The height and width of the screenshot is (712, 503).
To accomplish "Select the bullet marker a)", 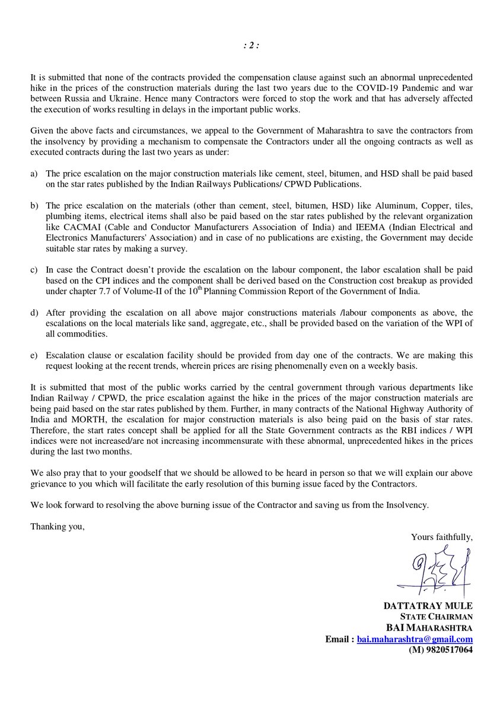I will tap(34, 173).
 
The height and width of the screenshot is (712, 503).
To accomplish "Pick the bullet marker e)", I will tap(34, 355).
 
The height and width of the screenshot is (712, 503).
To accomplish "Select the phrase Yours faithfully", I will tap(441, 538).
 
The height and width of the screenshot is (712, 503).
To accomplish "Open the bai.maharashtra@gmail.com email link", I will tap(415, 639).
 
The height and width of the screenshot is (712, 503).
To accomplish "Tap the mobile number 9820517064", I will tap(441, 650).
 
